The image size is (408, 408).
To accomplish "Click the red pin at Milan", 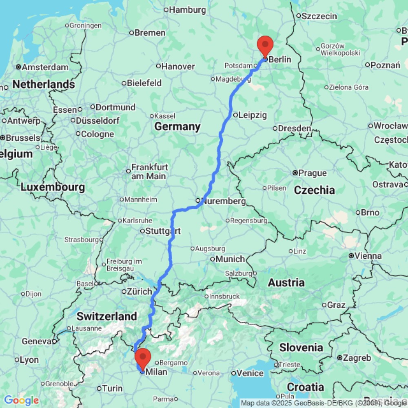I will click(x=143, y=357).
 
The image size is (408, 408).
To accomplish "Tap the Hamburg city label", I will click(x=187, y=10).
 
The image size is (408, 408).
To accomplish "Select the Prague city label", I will click(x=313, y=173).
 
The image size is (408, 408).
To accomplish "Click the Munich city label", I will click(x=230, y=259).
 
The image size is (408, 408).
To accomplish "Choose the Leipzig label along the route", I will click(x=253, y=115).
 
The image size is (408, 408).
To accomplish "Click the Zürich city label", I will click(x=139, y=292).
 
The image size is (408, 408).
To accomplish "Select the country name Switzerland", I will click(x=107, y=316).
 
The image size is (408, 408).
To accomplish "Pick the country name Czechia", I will click(x=314, y=190).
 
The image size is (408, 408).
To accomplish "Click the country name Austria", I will click(x=286, y=282).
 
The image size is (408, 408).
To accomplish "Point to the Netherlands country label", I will click(x=43, y=84).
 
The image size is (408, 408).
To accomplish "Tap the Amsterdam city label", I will click(x=45, y=67).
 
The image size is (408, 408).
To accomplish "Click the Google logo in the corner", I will click(x=21, y=400).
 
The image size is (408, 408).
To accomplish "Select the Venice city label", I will click(x=250, y=373).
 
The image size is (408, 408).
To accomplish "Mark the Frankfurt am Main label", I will click(x=149, y=172).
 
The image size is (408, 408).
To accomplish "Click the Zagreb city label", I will click(x=357, y=358).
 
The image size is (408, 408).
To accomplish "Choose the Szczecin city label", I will click(x=319, y=16).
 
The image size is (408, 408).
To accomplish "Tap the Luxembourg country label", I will click(x=53, y=187).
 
